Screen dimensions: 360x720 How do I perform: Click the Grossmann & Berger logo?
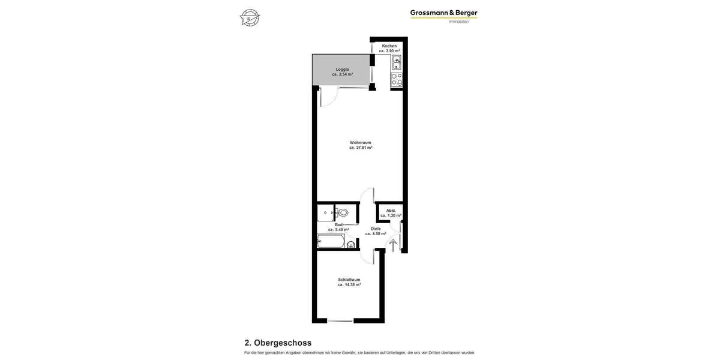click(x=443, y=13)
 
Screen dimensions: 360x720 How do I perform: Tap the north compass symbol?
click(x=250, y=17)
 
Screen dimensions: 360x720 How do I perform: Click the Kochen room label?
click(x=389, y=46)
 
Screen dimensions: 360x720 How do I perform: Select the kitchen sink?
click(x=397, y=62)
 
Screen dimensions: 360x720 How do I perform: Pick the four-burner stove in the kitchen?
click(x=397, y=80)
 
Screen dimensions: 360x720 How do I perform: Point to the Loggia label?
click(x=342, y=70)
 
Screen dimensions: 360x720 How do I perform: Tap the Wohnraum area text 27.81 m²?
click(x=361, y=148)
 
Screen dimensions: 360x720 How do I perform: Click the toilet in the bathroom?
click(x=343, y=212)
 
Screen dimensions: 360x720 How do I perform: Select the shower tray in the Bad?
click(x=325, y=212)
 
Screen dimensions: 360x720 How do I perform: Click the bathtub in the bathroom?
click(x=331, y=241)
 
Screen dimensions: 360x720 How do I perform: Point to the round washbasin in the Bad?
click(x=351, y=244)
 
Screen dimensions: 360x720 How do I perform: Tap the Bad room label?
click(x=338, y=225)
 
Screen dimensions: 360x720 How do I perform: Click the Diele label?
click(x=376, y=229)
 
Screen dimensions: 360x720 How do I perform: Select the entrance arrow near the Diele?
click(x=393, y=245)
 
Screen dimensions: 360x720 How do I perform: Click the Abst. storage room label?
click(x=391, y=211)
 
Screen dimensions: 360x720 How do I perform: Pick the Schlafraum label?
click(x=349, y=280)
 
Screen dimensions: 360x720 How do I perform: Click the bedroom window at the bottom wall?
click(x=340, y=321)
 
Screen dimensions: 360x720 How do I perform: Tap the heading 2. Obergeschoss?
click(x=278, y=343)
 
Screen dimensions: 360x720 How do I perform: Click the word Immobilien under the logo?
click(x=459, y=22)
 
